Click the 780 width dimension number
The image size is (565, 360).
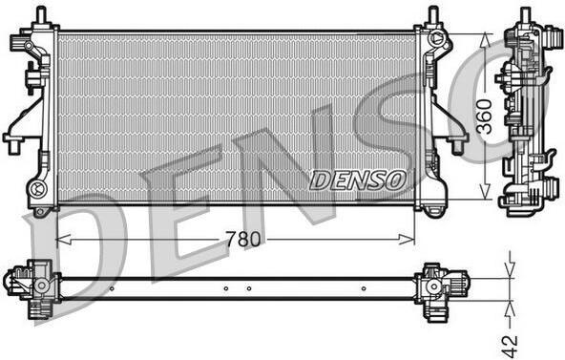point(242,239)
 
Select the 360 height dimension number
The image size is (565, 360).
point(484,116)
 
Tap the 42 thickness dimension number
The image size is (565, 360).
point(510,346)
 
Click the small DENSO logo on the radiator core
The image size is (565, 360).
point(358,180)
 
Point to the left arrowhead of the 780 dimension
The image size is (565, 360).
point(64,239)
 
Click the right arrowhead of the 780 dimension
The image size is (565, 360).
point(408,239)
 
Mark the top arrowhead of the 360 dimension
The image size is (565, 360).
point(486,40)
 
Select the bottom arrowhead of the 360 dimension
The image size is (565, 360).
point(486,192)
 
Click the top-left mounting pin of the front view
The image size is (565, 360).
point(41,14)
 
